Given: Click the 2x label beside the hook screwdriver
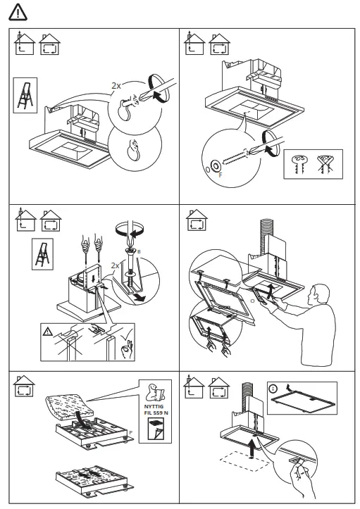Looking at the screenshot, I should coord(116,85).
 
